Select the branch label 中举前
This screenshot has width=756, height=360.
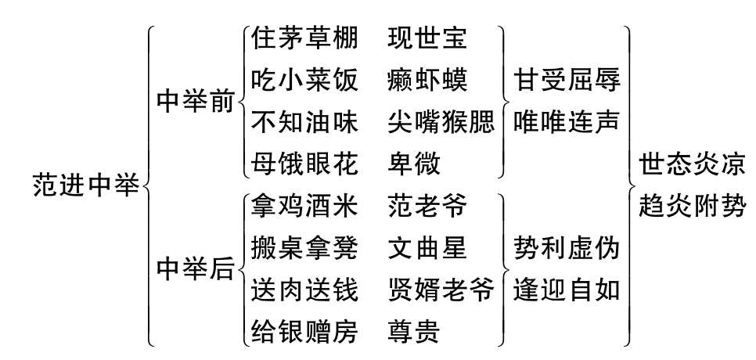click(196, 103)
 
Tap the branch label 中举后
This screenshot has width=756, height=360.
click(196, 269)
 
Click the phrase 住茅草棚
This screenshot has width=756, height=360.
click(304, 38)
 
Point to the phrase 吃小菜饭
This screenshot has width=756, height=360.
click(304, 80)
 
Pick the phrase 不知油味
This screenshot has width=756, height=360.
click(304, 121)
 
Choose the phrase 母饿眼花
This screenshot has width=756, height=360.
click(304, 164)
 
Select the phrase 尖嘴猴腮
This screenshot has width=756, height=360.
click(441, 121)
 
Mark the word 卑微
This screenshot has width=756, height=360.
click(414, 164)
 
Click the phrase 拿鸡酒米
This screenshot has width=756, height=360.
click(304, 208)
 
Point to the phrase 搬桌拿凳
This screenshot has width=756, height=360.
click(304, 250)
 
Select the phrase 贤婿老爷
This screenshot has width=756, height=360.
click(441, 291)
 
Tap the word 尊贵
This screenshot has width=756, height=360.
click(414, 333)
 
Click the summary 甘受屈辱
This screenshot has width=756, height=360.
click(567, 80)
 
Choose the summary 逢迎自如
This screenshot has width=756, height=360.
click(567, 291)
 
